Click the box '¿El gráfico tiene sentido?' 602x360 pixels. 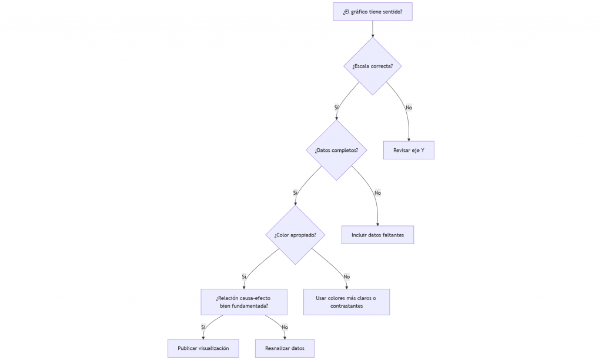coord(372,12)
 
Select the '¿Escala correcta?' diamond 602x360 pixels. coord(372,66)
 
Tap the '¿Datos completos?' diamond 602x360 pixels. coord(336,150)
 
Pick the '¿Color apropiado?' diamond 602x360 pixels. coord(295,235)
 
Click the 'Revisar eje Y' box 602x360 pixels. coord(409,150)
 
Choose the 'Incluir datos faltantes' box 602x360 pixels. coord(378,235)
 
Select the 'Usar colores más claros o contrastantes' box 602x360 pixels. coord(347,302)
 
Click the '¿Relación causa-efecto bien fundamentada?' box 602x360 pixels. coord(244,302)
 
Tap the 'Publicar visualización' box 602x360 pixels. coord(203,348)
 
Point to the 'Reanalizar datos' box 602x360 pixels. coord(285,348)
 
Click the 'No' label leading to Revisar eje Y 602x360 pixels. coord(409,108)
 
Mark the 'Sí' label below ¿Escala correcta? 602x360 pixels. coord(337,108)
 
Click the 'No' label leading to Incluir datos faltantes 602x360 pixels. coord(378,193)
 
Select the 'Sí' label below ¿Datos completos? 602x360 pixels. coord(295,193)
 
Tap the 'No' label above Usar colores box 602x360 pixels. coord(347,276)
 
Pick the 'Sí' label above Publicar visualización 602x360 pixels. coord(203,327)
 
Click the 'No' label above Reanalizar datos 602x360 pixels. coord(285,327)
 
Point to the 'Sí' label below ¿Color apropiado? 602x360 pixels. coord(244,276)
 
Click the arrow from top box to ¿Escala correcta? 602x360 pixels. coord(372,29)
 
